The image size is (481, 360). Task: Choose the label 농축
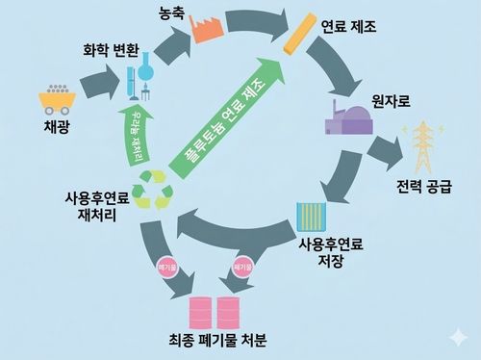click(x=172, y=15)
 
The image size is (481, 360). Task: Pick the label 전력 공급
click(x=423, y=184)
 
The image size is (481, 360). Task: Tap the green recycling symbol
click(x=155, y=188)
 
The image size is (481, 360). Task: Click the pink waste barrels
click(x=216, y=314)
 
